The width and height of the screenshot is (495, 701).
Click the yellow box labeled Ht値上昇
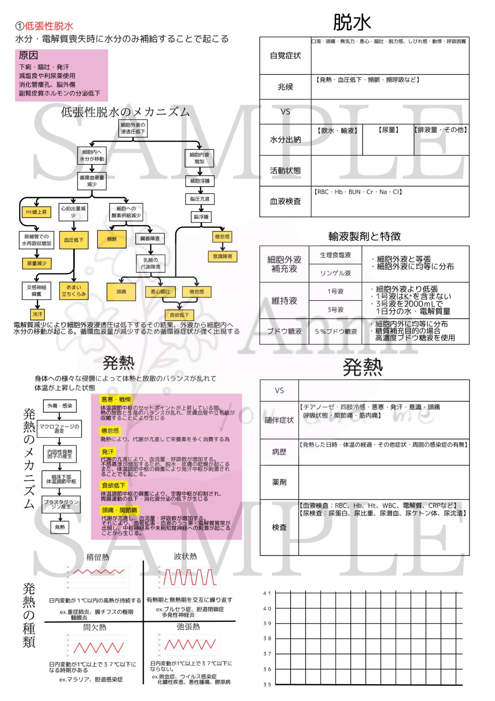(x=36, y=212)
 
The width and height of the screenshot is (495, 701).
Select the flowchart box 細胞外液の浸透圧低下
(x=133, y=128)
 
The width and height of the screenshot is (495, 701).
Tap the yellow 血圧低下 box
(x=74, y=240)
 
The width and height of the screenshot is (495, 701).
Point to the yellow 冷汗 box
(x=37, y=314)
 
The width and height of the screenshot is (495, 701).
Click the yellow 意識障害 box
(x=222, y=256)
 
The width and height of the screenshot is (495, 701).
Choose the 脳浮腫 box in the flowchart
(x=201, y=217)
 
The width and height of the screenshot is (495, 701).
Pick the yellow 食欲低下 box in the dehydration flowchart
(x=179, y=315)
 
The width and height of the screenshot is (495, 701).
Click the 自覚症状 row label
(x=285, y=55)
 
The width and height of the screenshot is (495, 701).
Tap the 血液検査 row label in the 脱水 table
(x=285, y=202)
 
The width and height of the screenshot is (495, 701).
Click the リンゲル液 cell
(x=335, y=273)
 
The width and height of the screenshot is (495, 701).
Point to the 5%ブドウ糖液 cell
(x=335, y=331)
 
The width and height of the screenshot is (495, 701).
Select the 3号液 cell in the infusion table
(x=335, y=309)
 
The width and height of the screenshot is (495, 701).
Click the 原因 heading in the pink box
(x=28, y=56)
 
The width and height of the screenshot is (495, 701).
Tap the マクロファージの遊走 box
(x=59, y=428)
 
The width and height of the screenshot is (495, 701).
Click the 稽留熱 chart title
(x=98, y=557)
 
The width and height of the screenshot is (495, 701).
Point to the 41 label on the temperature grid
(x=267, y=593)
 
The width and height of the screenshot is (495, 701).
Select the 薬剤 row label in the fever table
(x=279, y=482)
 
